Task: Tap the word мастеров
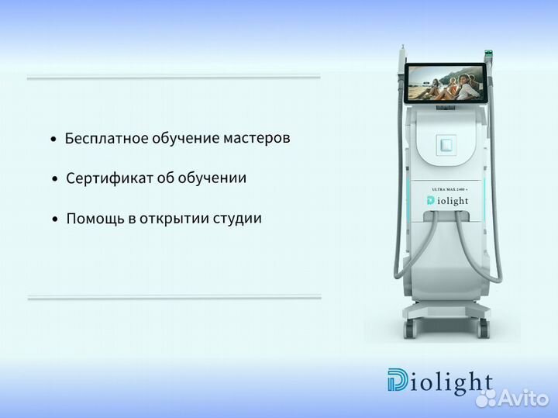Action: pyautogui.click(x=254, y=139)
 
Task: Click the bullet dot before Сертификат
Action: pyautogui.click(x=54, y=180)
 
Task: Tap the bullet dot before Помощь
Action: pyautogui.click(x=54, y=220)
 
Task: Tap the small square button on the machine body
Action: pyautogui.click(x=446, y=145)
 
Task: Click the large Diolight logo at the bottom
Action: pyautogui.click(x=439, y=382)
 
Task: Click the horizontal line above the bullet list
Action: pyautogui.click(x=174, y=77)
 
